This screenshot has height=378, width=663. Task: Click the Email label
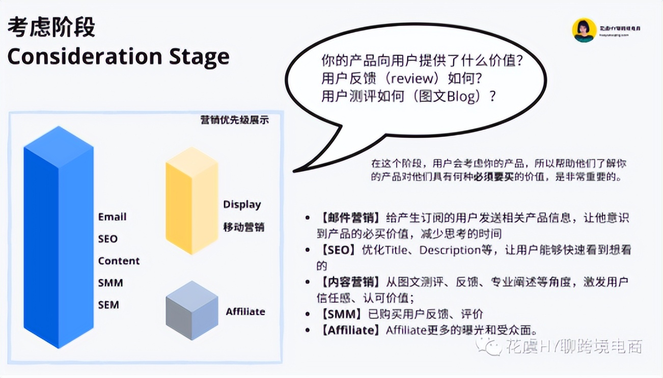click(112, 217)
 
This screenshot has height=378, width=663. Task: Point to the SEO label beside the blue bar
click(107, 238)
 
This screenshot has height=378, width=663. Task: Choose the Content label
click(119, 261)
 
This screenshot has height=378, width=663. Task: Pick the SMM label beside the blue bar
click(110, 283)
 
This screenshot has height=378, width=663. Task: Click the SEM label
click(108, 305)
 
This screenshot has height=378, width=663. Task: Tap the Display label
click(242, 204)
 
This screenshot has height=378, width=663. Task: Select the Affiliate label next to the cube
click(245, 311)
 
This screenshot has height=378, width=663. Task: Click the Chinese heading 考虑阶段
click(51, 27)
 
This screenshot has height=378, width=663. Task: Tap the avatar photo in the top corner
click(584, 30)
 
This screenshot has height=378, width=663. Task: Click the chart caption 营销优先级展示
click(234, 120)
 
